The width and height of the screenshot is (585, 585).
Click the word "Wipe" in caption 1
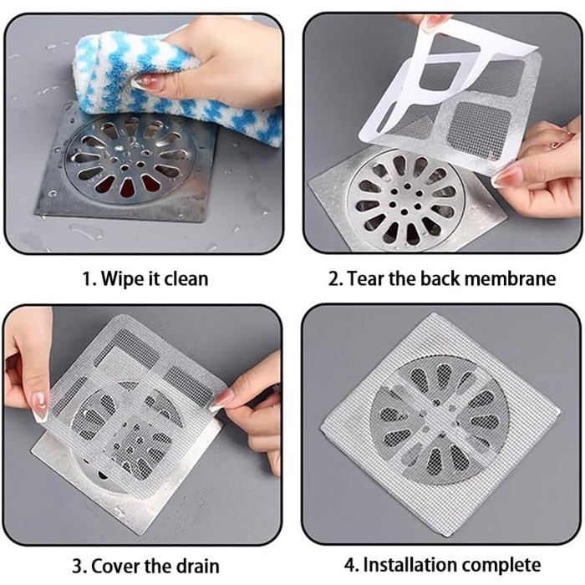[122, 278]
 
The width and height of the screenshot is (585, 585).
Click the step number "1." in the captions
[88, 278]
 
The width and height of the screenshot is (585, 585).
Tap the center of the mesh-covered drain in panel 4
[439, 418]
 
